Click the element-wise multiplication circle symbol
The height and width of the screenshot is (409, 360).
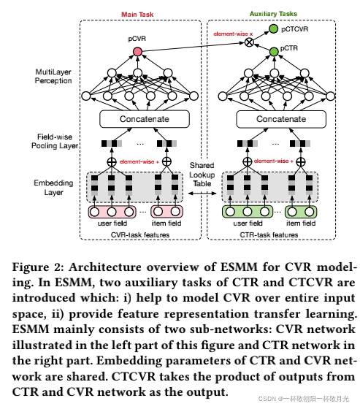coord(249,42)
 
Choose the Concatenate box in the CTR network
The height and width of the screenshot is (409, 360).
coord(271,118)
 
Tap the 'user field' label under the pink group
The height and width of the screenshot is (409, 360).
coord(112,224)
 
